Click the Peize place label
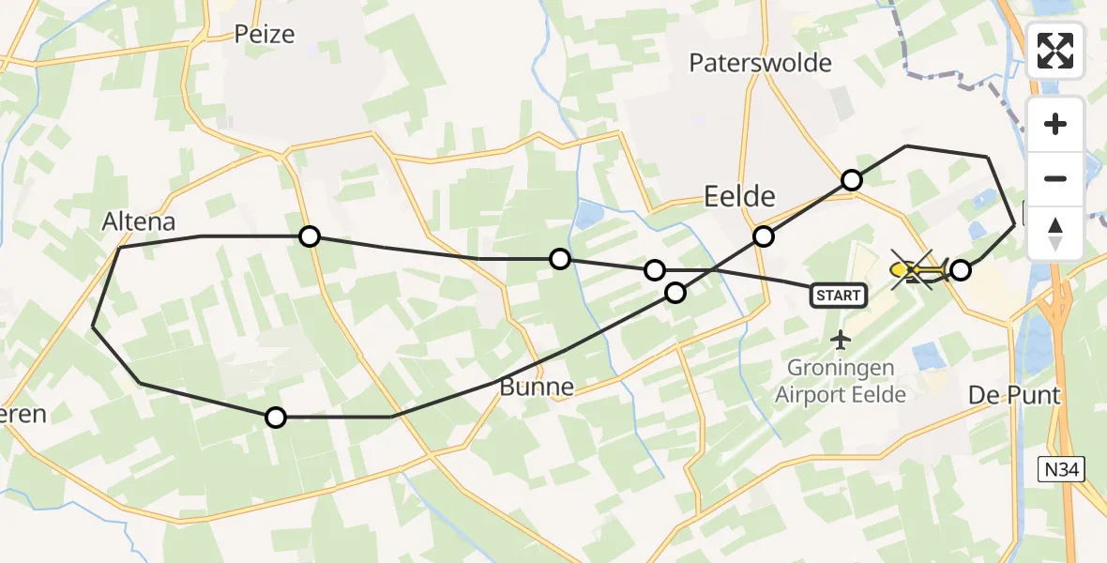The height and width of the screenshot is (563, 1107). pos(264,35)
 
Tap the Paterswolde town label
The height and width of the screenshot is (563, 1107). pos(760,63)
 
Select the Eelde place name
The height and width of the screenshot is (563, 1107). pos(740,196)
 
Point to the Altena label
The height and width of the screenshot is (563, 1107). pos(139,222)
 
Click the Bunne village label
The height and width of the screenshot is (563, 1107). pos(536,387)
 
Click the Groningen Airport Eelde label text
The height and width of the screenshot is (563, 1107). pos(841,380)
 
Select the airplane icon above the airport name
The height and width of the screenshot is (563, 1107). pos(841,338)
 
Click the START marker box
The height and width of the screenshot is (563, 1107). pos(838,296)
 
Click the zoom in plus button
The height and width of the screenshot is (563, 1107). pos(1055,124)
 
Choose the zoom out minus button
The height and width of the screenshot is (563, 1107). pos(1055,178)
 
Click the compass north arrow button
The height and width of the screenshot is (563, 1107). pos(1055,232)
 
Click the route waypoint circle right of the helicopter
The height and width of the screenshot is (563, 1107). pos(960,271)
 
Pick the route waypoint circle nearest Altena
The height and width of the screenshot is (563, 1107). pos(310,236)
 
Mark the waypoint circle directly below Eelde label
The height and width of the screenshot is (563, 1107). pos(764,236)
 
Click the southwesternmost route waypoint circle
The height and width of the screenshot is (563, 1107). pos(275,418)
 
